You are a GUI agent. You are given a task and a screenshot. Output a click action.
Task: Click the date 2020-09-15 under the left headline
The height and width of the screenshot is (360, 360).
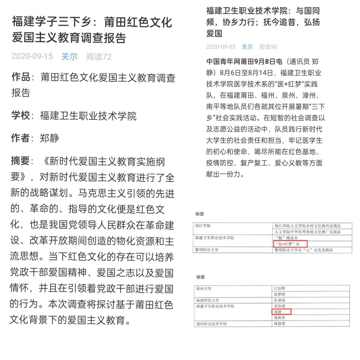click(32, 57)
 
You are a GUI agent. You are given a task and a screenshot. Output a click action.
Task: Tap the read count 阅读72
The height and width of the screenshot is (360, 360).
click(99, 57)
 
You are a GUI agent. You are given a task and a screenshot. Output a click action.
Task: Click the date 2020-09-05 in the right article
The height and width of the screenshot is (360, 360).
click(221, 47)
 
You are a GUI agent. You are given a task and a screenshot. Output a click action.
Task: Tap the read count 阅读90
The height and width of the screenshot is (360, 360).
click(268, 47)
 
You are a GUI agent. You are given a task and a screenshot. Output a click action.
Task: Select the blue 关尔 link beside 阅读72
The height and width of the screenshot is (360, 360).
click(69, 57)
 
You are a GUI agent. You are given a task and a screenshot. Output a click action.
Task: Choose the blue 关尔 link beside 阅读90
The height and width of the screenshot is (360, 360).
click(247, 47)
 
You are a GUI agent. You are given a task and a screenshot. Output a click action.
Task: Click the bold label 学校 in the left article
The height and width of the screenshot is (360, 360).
click(20, 115)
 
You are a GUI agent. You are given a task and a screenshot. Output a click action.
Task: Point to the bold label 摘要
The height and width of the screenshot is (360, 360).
click(20, 161)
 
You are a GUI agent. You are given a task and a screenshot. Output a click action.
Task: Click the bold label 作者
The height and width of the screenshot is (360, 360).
click(20, 138)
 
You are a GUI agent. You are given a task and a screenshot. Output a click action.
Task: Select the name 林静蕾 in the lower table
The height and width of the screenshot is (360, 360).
click(281, 324)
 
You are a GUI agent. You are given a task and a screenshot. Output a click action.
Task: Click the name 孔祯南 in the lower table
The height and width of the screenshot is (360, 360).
click(280, 300)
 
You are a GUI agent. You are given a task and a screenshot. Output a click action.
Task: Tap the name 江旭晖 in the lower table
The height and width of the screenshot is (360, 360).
click(280, 288)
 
